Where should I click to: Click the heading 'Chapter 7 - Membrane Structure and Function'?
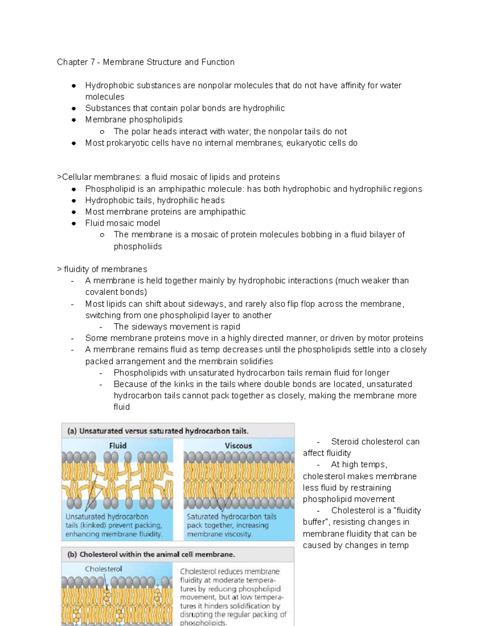[146, 62]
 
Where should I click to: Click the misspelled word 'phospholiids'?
[138, 246]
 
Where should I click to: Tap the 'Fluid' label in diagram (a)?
[118, 445]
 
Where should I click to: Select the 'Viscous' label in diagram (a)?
[238, 445]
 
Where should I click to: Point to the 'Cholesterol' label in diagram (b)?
[103, 569]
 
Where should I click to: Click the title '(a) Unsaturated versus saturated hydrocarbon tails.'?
[158, 431]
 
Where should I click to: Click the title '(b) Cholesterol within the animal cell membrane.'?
[151, 554]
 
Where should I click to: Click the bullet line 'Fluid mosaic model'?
[123, 223]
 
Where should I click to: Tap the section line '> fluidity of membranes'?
[102, 269]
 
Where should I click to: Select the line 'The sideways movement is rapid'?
[177, 327]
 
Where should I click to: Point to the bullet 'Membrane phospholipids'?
[134, 119]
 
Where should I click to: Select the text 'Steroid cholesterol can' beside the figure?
[375, 441]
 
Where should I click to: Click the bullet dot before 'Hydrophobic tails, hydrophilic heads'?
[74, 200]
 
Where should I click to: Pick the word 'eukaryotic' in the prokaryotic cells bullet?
[305, 143]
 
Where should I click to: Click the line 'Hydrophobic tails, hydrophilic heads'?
[155, 200]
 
